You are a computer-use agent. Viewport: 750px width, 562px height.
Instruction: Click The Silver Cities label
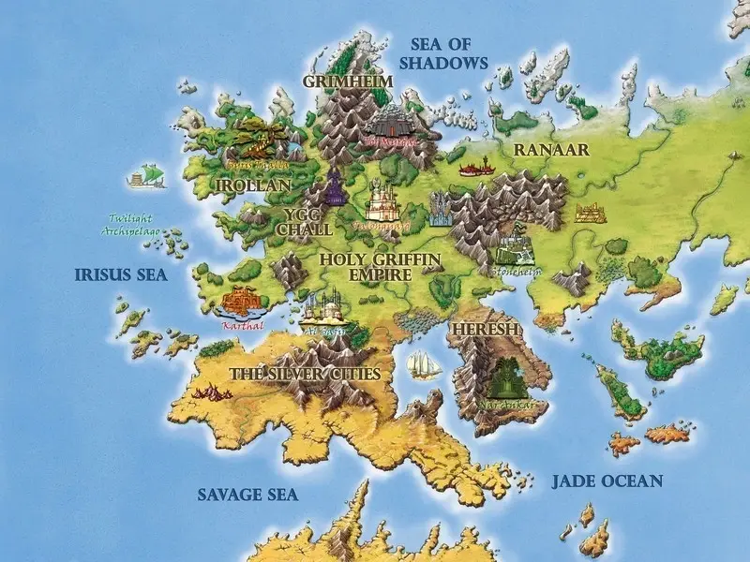(x=305, y=374)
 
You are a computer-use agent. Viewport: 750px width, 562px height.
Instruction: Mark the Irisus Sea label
(x=120, y=274)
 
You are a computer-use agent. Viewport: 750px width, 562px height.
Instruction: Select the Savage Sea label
(x=247, y=494)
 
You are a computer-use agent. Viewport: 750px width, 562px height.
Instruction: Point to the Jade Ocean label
(x=607, y=481)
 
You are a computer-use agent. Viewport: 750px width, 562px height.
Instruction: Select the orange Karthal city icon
(x=242, y=300)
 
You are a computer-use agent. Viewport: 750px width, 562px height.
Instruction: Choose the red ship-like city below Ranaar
(x=475, y=169)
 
